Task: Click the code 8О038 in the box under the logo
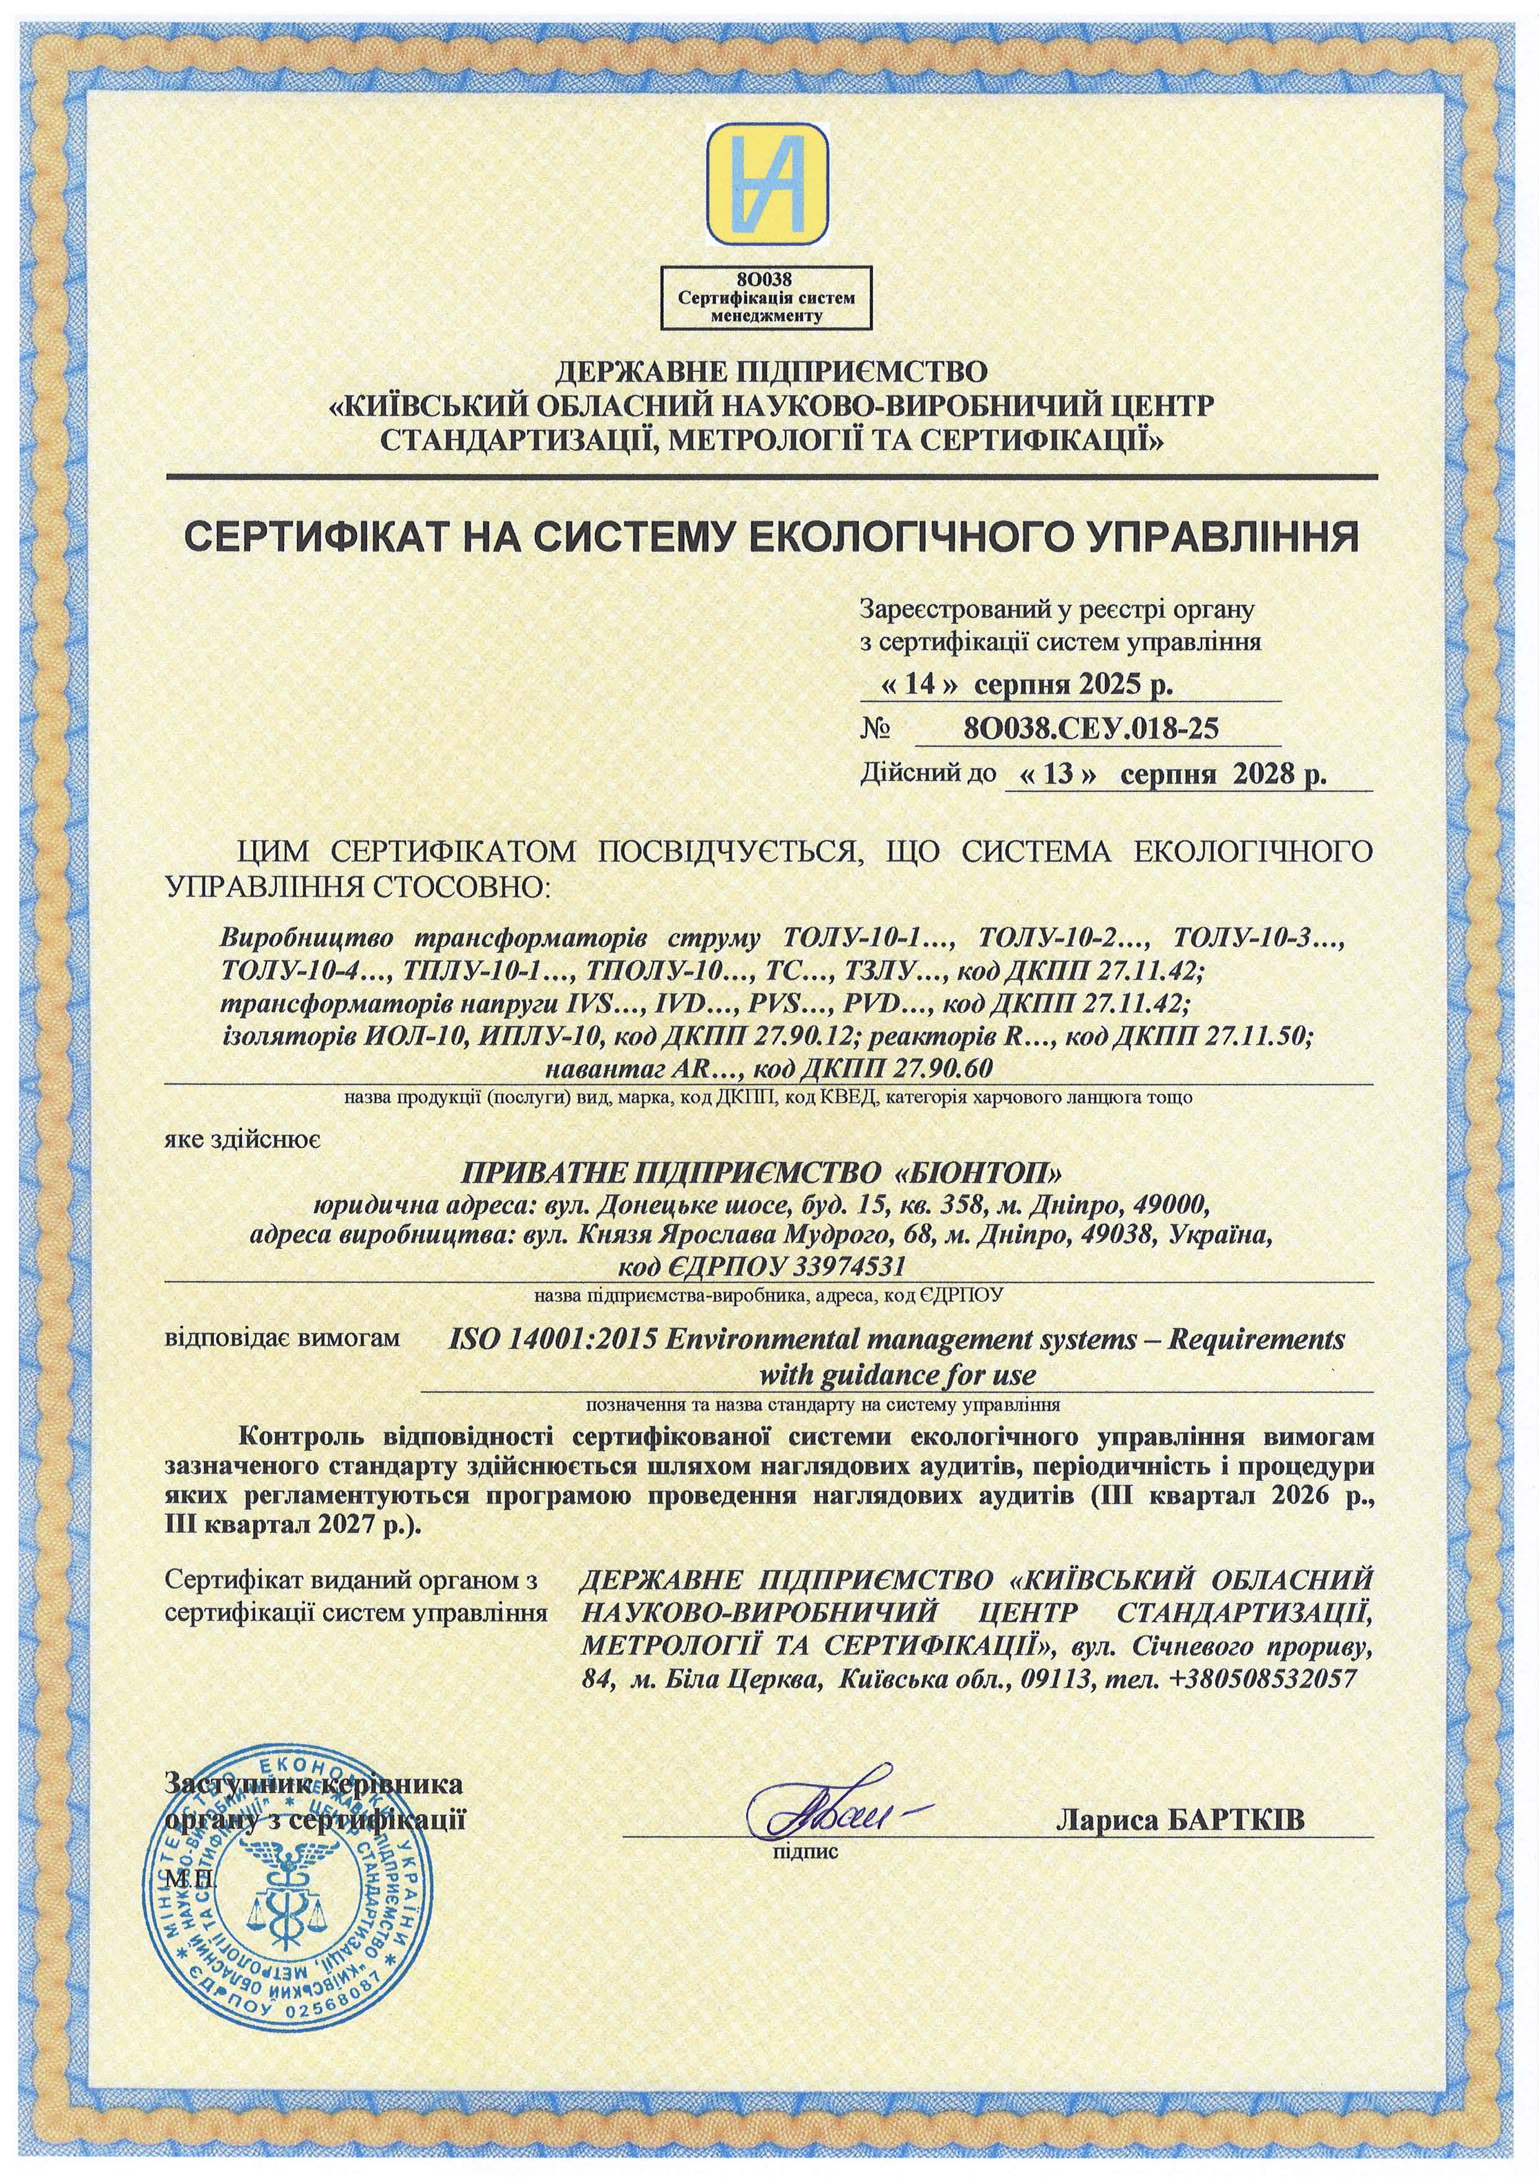click(x=769, y=280)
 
